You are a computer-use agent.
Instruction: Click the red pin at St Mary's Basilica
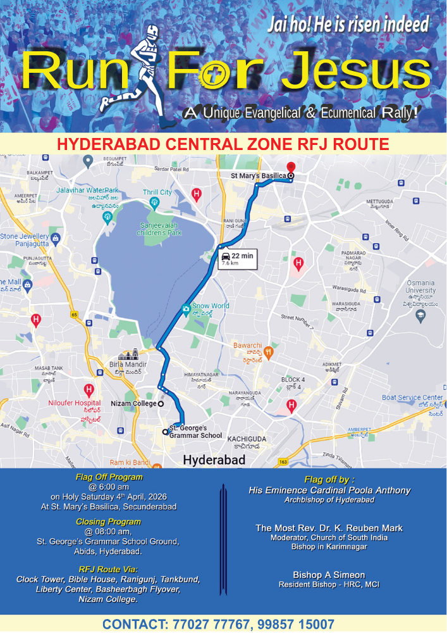click(x=290, y=166)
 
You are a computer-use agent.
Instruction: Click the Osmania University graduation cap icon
click(x=420, y=314)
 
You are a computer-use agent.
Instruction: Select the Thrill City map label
click(x=157, y=192)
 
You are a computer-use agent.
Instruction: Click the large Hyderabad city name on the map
click(x=214, y=460)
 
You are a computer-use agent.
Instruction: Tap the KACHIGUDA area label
click(x=247, y=439)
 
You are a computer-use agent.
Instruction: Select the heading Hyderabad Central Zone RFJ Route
click(x=223, y=144)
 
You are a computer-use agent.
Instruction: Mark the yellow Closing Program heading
click(x=109, y=522)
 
